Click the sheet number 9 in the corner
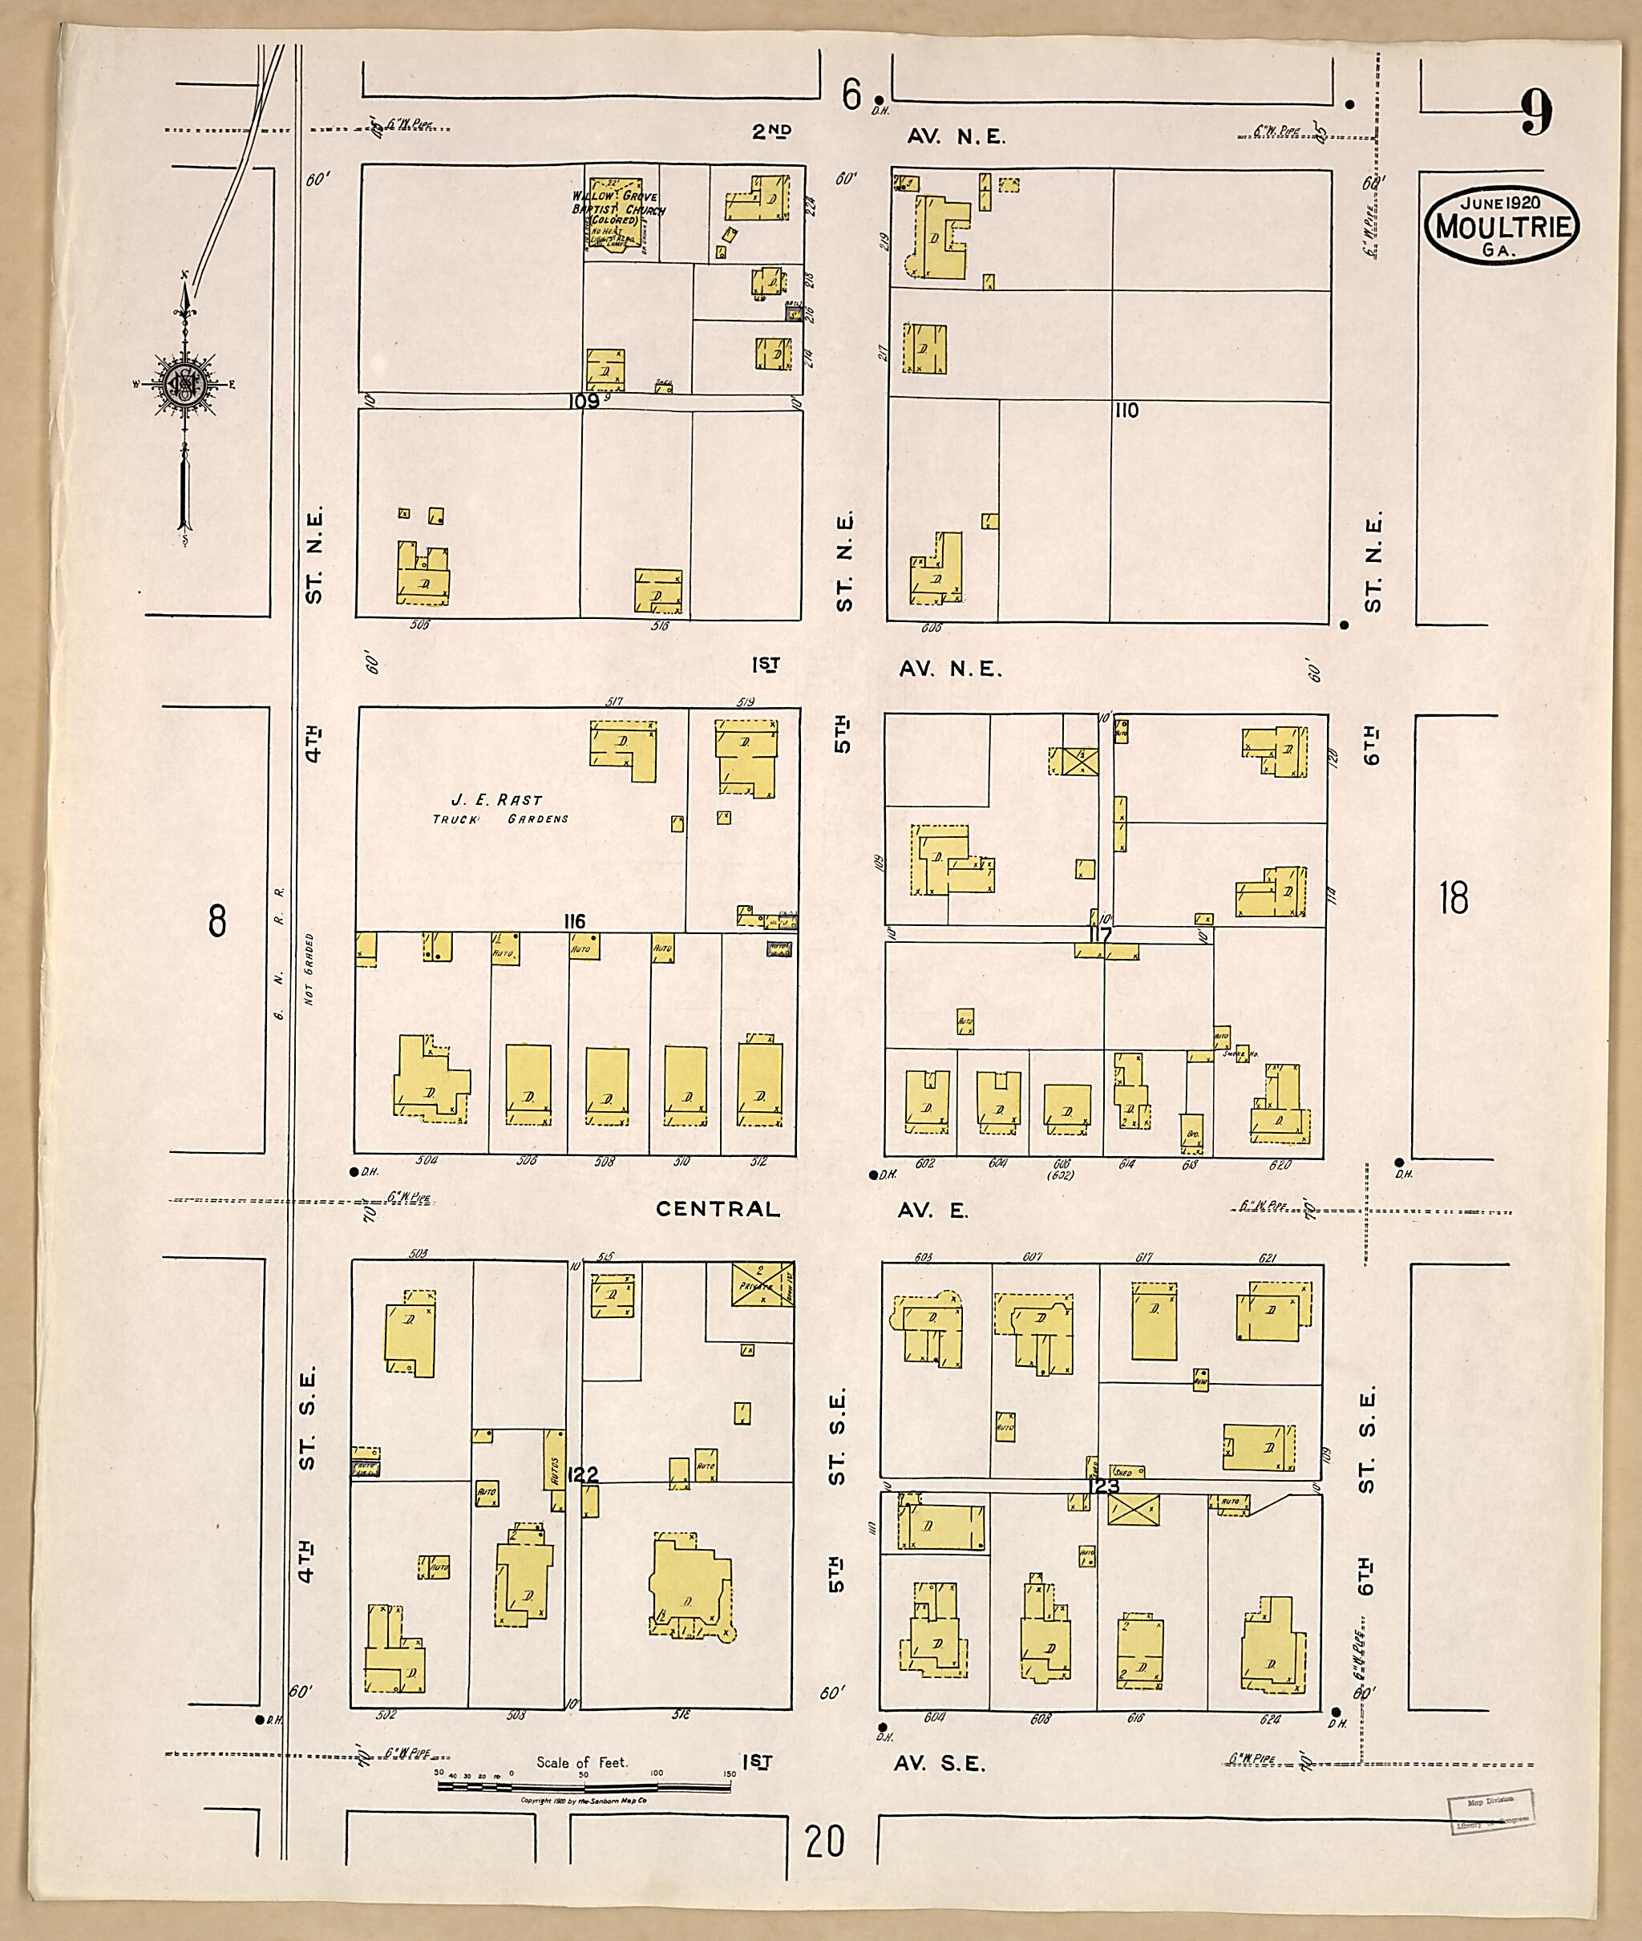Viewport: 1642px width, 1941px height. [1537, 115]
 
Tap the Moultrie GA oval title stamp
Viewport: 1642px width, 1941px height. [1501, 225]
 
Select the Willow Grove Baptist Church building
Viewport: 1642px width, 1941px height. [615, 215]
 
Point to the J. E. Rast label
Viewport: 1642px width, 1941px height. [495, 799]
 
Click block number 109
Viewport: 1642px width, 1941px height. [584, 401]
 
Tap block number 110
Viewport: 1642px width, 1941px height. [1126, 410]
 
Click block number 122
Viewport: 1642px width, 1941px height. [582, 1474]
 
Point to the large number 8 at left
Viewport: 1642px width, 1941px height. [217, 922]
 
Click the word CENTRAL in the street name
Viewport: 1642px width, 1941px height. [718, 1209]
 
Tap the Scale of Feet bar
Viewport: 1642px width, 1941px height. [584, 1786]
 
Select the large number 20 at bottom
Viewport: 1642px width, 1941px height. [825, 1841]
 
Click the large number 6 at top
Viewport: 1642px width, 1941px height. [851, 94]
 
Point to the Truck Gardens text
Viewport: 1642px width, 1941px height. [499, 819]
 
